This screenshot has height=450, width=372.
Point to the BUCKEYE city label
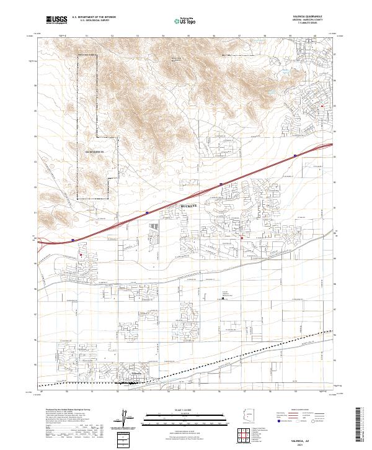click(191, 205)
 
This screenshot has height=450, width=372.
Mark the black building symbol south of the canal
click(224, 299)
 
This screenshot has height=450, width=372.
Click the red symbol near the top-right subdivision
click(322, 106)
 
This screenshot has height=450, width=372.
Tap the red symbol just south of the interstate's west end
click(81, 253)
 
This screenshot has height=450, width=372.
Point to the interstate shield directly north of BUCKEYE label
click(221, 184)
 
